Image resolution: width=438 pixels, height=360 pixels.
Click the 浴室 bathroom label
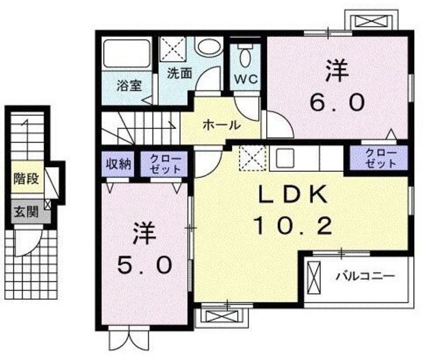[129, 86]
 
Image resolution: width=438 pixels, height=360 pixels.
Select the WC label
[246, 79]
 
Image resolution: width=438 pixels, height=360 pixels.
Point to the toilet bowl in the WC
[246, 57]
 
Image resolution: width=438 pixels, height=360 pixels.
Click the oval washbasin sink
[208, 47]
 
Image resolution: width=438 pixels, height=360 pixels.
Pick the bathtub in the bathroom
[127, 53]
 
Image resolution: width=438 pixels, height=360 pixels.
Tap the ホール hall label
[222, 125]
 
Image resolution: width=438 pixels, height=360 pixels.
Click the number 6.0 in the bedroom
[337, 102]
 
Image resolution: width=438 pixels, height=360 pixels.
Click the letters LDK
[293, 194]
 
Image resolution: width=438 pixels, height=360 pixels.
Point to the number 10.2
[293, 226]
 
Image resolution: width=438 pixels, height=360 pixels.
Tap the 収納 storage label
[118, 164]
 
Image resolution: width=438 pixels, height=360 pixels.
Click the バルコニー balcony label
[365, 277]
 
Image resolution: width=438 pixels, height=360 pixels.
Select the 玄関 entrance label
[26, 211]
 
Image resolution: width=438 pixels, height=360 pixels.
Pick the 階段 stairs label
[26, 179]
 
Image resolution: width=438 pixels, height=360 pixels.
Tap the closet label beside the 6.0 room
[381, 158]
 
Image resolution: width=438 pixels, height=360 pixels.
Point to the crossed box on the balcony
[315, 278]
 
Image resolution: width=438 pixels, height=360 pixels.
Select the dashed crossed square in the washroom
[172, 49]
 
